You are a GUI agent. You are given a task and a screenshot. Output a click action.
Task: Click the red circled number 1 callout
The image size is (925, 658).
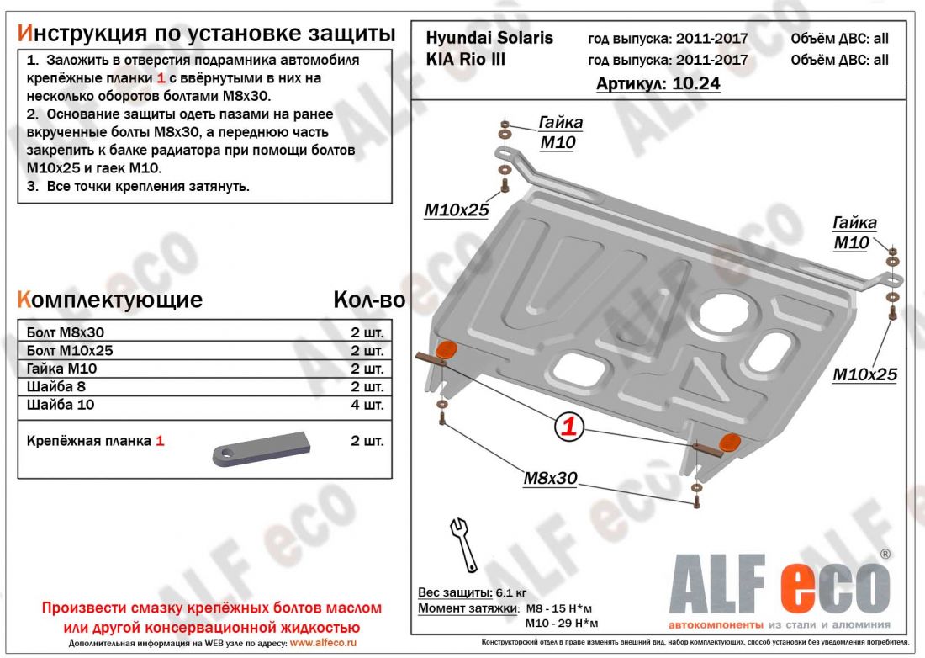568,427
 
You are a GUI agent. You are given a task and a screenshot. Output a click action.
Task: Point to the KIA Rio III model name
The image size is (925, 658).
467,60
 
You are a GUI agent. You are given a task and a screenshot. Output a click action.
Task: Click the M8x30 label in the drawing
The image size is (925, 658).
550,478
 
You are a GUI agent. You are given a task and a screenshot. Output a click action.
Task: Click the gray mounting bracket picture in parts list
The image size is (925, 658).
262,447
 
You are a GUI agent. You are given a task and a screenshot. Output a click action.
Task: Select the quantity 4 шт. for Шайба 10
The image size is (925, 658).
367,406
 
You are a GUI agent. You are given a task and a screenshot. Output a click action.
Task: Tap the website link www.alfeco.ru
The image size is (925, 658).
323,643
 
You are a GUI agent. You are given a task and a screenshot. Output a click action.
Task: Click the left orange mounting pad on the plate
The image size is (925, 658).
447,350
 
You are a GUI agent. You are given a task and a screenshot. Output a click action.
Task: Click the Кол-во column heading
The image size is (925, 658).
368,300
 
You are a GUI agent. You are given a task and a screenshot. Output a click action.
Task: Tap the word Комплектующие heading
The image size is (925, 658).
109,300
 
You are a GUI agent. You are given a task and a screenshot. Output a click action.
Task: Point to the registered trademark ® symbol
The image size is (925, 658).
885,555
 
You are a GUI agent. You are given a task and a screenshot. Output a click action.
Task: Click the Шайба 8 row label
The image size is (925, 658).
56,387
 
